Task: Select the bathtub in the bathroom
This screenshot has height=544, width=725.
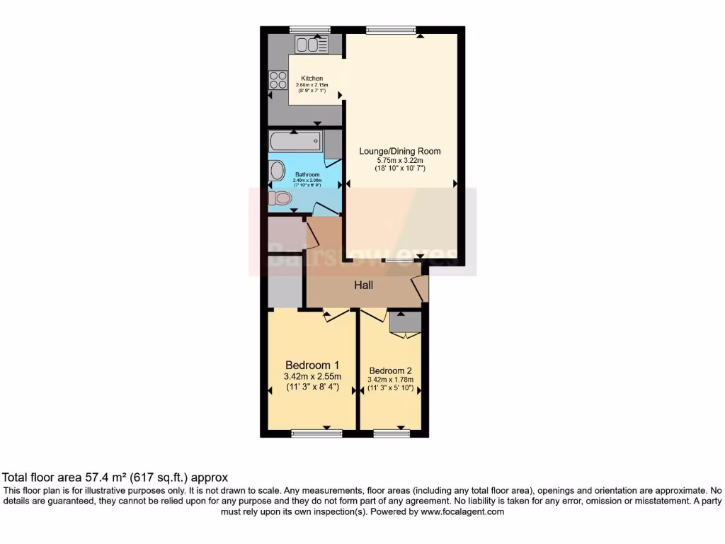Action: pos(296,141)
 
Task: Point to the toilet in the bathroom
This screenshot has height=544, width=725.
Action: pos(280,198)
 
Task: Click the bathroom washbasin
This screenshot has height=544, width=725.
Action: pos(275,171)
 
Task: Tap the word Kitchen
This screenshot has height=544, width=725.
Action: pos(312,79)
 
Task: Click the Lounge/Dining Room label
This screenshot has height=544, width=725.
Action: pos(400,151)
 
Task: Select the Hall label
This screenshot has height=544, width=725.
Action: pos(364,285)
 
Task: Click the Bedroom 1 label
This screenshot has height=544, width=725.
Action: pos(312,365)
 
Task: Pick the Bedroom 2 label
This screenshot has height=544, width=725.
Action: pos(390,370)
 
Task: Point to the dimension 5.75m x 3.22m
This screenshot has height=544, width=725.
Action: pos(400,161)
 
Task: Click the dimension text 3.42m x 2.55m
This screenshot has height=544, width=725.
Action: pos(312,376)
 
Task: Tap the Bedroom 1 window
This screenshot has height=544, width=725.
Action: pos(316,433)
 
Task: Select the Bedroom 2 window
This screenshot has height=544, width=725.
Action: pos(392,433)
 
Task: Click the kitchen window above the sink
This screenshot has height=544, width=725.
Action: pos(310,30)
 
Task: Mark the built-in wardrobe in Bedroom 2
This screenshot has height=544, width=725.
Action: pos(405,322)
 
